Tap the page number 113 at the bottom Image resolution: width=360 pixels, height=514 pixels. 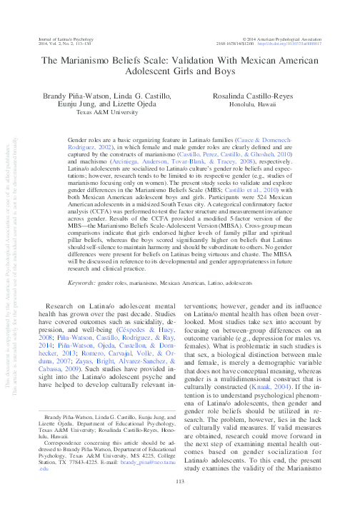coord(179,500)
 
